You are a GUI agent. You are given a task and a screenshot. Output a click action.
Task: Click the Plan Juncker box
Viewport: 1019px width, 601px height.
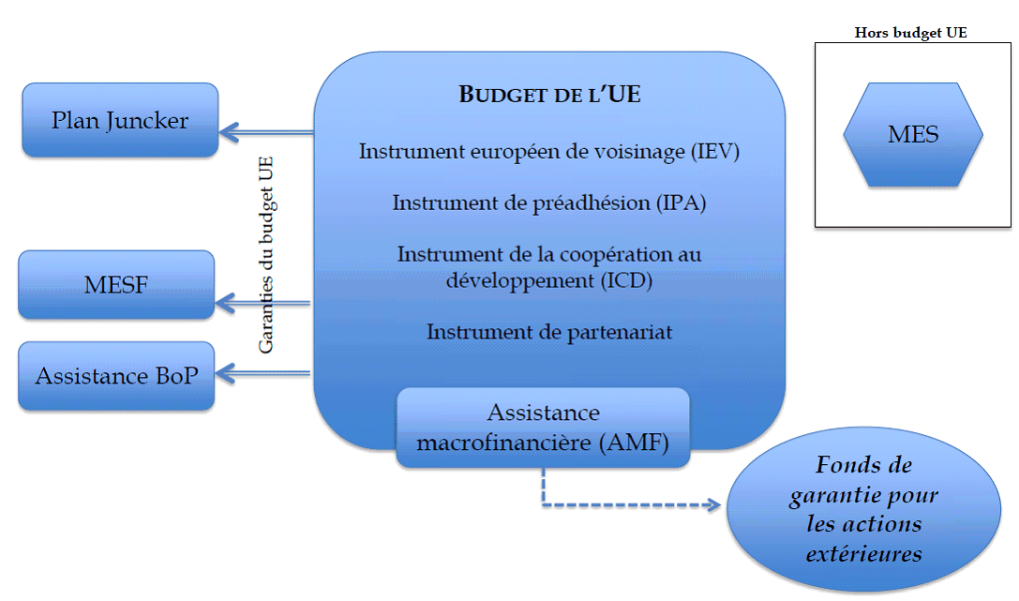[120, 120]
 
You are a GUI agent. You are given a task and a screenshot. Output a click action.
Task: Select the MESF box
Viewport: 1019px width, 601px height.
[116, 284]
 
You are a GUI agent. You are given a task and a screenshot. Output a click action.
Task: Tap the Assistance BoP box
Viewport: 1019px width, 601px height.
[116, 376]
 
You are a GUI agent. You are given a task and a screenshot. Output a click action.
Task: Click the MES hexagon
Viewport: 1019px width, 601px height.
[913, 134]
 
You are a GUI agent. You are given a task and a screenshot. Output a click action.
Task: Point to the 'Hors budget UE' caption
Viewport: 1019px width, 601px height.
[910, 33]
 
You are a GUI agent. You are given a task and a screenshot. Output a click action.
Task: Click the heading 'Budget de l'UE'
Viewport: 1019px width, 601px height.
[549, 95]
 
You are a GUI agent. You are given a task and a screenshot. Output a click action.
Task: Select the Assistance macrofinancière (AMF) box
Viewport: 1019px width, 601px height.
[543, 428]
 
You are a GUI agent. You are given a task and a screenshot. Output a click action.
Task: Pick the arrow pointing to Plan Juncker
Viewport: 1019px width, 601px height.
[265, 132]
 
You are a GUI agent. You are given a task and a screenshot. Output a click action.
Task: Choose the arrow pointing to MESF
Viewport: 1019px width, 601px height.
[262, 302]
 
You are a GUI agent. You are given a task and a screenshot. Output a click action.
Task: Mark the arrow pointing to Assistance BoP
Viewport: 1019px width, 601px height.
[262, 374]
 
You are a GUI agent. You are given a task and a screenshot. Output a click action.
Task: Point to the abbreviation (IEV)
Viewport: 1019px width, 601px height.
[715, 152]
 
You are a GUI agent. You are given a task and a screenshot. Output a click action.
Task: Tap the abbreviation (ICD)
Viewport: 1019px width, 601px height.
[625, 279]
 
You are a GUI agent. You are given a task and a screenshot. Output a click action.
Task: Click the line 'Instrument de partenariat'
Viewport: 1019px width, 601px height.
[549, 331]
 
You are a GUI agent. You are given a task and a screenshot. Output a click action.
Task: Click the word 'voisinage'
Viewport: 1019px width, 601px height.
[640, 152]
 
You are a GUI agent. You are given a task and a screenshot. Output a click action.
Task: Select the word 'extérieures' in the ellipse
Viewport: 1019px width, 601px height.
[863, 553]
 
